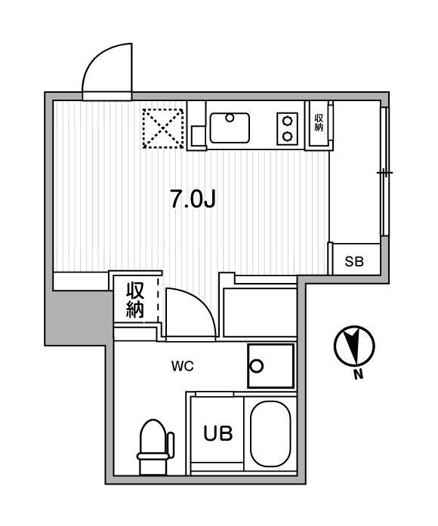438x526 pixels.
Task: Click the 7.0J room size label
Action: pos(193,199)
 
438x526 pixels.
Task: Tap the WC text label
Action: pos(183,366)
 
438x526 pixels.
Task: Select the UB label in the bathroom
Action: pos(217,433)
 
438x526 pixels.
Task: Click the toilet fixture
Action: pos(154,448)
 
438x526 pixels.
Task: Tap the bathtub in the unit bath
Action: pos(270,434)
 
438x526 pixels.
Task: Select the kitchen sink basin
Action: pos(230,128)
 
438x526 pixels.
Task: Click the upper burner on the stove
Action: pos(287,121)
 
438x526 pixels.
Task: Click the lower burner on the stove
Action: pos(287,136)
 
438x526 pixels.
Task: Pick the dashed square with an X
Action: pos(163,128)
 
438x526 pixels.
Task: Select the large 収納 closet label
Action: pos(135,300)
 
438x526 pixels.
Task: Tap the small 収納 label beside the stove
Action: pos(319,123)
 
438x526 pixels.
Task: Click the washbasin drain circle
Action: pos(257,366)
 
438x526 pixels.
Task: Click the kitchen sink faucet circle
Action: pos(230,118)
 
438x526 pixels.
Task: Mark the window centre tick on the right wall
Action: pos(384,173)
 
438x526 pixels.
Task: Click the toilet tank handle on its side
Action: pos(171,445)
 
